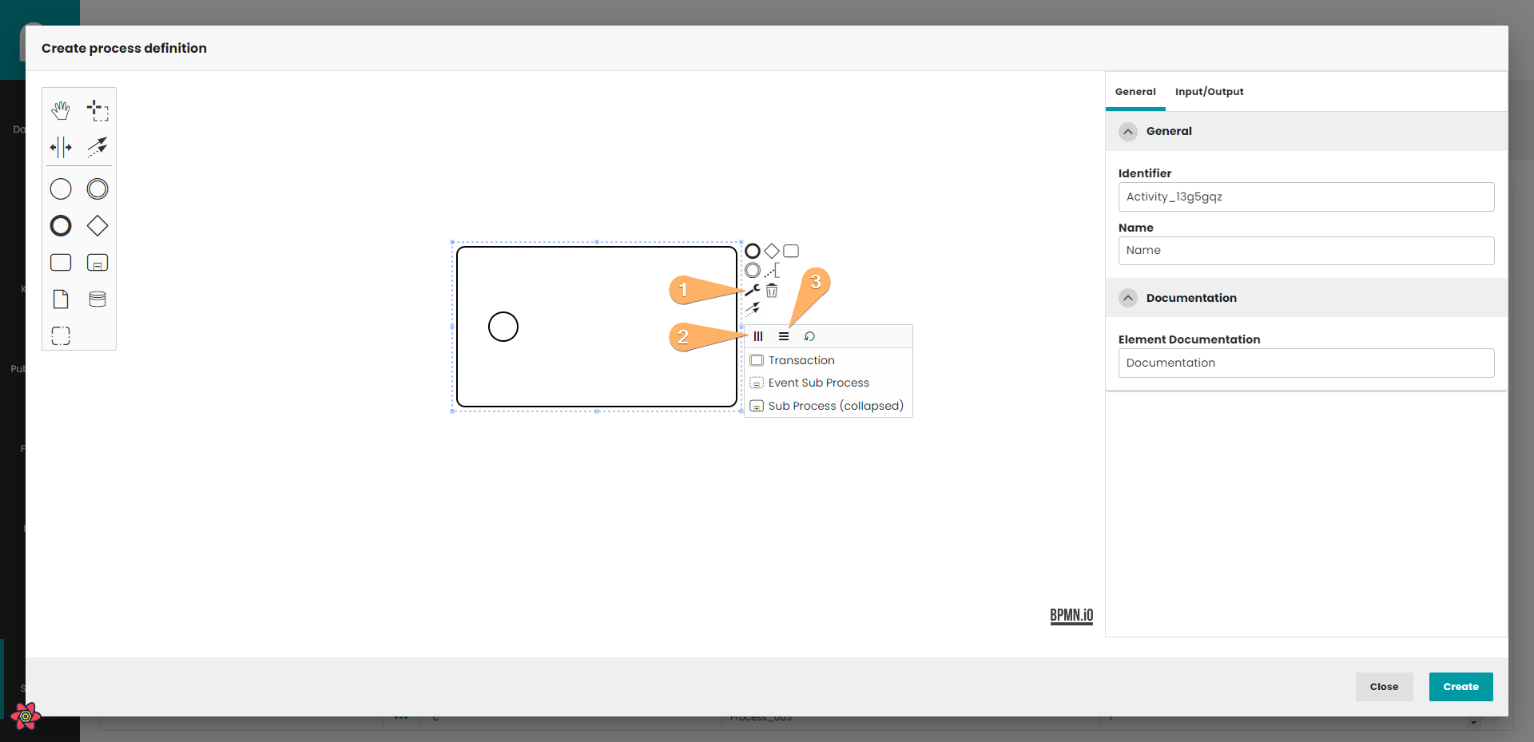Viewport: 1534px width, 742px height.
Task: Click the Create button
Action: pyautogui.click(x=1460, y=687)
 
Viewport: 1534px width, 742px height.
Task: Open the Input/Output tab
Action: pyautogui.click(x=1209, y=92)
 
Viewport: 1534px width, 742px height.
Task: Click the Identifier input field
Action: pyautogui.click(x=1306, y=197)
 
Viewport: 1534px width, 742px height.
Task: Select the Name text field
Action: pyautogui.click(x=1306, y=251)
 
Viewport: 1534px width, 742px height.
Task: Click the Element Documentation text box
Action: pyautogui.click(x=1306, y=363)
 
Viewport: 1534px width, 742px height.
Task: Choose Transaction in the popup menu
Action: pyautogui.click(x=801, y=360)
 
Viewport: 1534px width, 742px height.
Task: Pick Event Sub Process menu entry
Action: pyautogui.click(x=818, y=383)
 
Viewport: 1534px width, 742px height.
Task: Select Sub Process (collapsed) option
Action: pyautogui.click(x=836, y=406)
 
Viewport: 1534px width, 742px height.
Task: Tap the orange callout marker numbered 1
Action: pyautogui.click(x=683, y=289)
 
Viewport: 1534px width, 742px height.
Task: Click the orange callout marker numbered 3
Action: pyautogui.click(x=815, y=282)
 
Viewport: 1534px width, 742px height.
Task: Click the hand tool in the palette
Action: pyautogui.click(x=61, y=110)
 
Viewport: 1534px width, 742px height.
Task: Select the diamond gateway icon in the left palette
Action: pyautogui.click(x=97, y=226)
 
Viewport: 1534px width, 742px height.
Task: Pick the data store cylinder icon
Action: pyautogui.click(x=97, y=300)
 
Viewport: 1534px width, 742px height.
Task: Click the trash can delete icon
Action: pyautogui.click(x=772, y=290)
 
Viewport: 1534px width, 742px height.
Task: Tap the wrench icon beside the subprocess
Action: pyautogui.click(x=753, y=290)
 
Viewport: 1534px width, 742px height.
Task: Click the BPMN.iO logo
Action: pyautogui.click(x=1071, y=616)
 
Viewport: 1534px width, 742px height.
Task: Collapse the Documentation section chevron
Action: pyautogui.click(x=1128, y=298)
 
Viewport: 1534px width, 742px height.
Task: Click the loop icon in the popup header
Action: pyautogui.click(x=809, y=336)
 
